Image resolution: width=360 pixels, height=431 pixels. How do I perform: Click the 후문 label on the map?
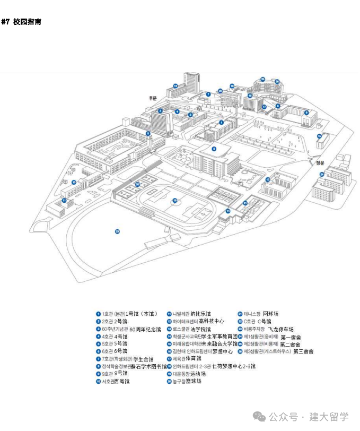tap(153, 98)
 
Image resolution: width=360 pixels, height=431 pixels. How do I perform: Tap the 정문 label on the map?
tap(319, 163)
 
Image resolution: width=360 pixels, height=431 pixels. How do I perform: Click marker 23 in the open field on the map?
tap(117, 231)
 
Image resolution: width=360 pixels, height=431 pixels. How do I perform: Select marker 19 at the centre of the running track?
tap(174, 200)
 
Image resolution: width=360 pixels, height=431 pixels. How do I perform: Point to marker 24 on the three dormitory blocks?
tap(321, 174)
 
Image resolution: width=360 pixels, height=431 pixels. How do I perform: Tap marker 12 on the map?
tap(175, 85)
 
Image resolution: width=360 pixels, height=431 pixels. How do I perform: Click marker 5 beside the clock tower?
tap(148, 133)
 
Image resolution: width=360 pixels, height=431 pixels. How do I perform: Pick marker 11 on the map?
tap(64, 201)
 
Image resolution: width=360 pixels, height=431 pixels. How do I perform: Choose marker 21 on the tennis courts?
tap(245, 203)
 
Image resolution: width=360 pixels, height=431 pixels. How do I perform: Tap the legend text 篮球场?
tap(191, 381)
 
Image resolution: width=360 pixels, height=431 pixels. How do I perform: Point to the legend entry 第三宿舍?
tap(303, 351)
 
